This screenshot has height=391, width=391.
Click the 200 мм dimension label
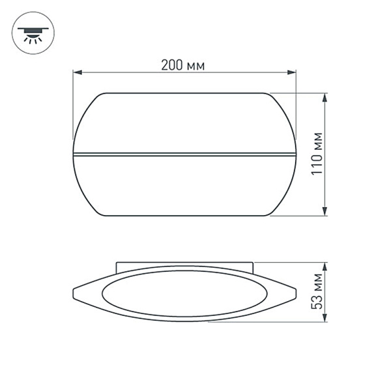click(x=183, y=65)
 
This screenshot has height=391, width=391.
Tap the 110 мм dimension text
click(x=317, y=154)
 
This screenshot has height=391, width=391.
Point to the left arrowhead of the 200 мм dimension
click(x=76, y=73)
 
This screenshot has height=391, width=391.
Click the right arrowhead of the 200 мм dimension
click(x=293, y=73)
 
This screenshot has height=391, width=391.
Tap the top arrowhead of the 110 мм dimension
click(x=325, y=96)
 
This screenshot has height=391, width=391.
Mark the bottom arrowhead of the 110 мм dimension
click(x=325, y=212)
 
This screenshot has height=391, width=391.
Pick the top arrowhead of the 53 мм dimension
click(x=325, y=267)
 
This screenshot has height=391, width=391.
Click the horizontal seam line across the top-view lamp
click(x=184, y=154)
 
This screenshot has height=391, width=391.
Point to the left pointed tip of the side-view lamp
click(x=74, y=291)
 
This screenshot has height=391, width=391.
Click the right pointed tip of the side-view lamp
click(x=296, y=291)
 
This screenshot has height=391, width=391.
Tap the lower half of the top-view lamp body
click(x=184, y=186)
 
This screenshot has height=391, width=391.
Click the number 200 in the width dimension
click(x=174, y=65)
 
